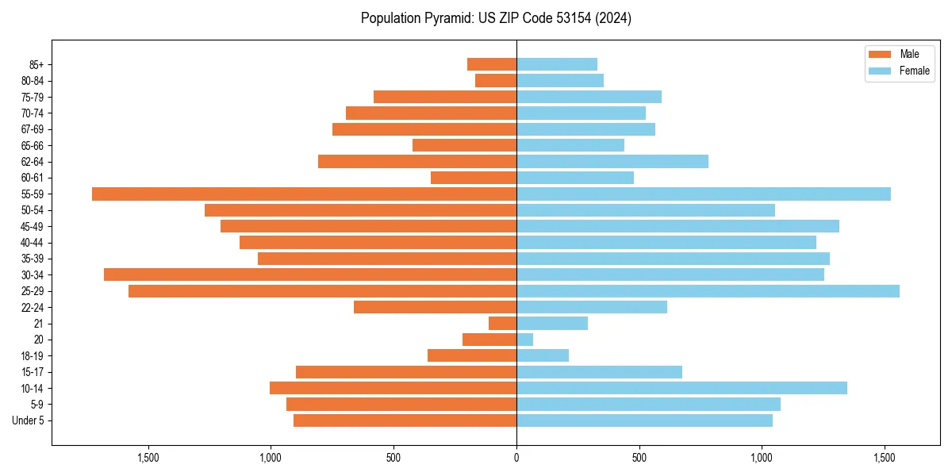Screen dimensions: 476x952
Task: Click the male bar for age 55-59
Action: coord(304,194)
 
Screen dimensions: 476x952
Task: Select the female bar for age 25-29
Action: coord(708,291)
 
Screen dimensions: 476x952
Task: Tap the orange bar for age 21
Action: coord(502,323)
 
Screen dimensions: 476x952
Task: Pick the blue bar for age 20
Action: coord(524,340)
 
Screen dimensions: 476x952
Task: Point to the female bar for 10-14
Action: coord(681,388)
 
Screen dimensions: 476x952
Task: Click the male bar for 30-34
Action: coord(310,274)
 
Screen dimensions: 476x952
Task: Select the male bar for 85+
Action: coord(492,64)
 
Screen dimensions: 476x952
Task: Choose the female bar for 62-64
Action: coord(612,161)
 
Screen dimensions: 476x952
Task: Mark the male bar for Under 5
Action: coord(405,420)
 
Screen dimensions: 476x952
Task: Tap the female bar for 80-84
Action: coord(559,80)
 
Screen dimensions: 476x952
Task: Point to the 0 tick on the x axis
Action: coord(516,458)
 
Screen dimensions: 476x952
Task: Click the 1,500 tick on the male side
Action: coord(148,458)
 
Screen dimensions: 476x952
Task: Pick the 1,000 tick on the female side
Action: coord(762,458)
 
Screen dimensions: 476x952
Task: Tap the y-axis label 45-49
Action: coord(33,226)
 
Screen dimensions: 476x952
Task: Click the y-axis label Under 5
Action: coord(29,420)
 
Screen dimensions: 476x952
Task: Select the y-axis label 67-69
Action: coord(33,129)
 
